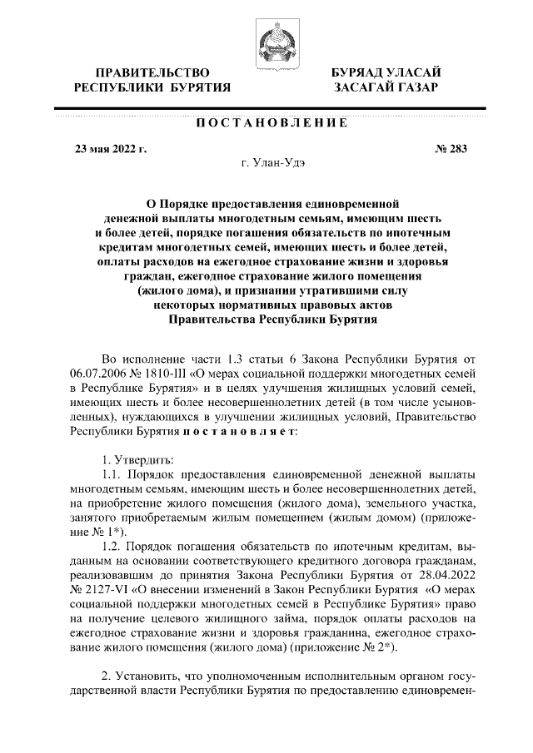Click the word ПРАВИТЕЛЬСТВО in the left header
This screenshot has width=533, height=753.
152,73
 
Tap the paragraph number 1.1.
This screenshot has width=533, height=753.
112,473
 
